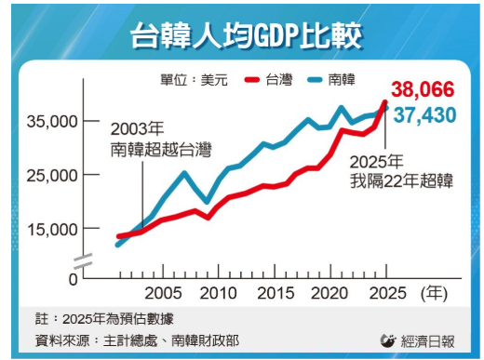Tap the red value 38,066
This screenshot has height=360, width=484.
(x=423, y=90)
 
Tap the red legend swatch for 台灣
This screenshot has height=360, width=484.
(x=251, y=80)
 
